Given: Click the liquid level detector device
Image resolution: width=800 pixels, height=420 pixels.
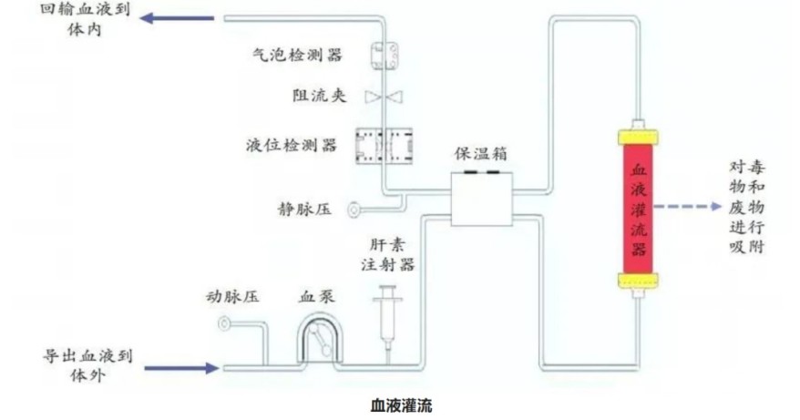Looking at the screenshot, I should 384,144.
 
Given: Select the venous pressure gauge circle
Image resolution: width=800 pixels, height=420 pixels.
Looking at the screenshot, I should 354,210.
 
